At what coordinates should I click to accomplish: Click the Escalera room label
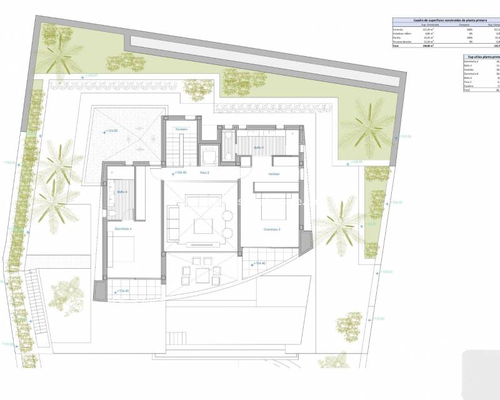pyautogui.click(x=182, y=129)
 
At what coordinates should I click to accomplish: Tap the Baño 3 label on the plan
pyautogui.click(x=259, y=147)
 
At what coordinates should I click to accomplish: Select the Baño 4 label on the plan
pyautogui.click(x=122, y=192)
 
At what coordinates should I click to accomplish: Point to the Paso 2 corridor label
pyautogui.click(x=204, y=172)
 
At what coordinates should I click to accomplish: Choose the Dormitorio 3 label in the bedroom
pyautogui.click(x=271, y=229)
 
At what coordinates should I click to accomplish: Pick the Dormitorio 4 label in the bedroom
pyautogui.click(x=123, y=229)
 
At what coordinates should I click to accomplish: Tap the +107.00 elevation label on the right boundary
pyautogui.click(x=404, y=136)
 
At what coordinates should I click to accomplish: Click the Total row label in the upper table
pyautogui.click(x=395, y=46)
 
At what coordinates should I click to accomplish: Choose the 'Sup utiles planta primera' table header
pyautogui.click(x=481, y=57)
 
